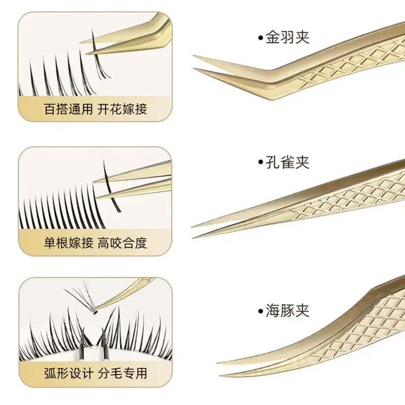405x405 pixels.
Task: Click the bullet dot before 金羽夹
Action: click(260, 37)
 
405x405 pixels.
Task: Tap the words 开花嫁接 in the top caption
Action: click(122, 109)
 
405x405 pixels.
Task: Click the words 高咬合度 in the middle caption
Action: click(122, 242)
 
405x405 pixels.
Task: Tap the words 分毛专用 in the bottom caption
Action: click(122, 374)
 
